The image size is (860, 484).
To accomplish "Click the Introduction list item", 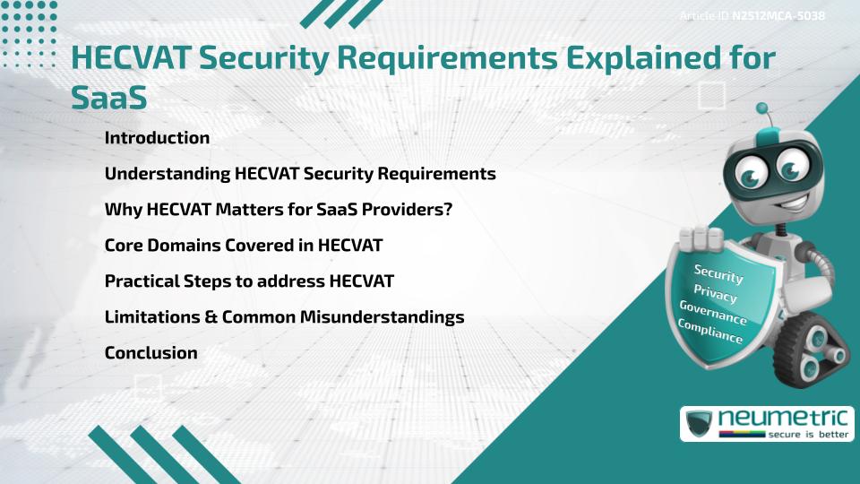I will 157,138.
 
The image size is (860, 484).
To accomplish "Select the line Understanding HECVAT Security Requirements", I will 300,174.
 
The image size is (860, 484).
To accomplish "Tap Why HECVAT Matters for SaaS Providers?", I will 278,210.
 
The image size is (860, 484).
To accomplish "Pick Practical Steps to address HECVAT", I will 249,281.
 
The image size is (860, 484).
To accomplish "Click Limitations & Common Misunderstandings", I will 284,317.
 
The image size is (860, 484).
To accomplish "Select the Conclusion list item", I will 150,353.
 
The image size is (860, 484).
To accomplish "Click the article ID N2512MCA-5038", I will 778,16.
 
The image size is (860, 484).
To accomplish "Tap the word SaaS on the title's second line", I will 108,97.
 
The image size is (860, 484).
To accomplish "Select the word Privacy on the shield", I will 715,294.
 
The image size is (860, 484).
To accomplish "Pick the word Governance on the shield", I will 712,313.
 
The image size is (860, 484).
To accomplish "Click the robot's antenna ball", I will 762,108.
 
